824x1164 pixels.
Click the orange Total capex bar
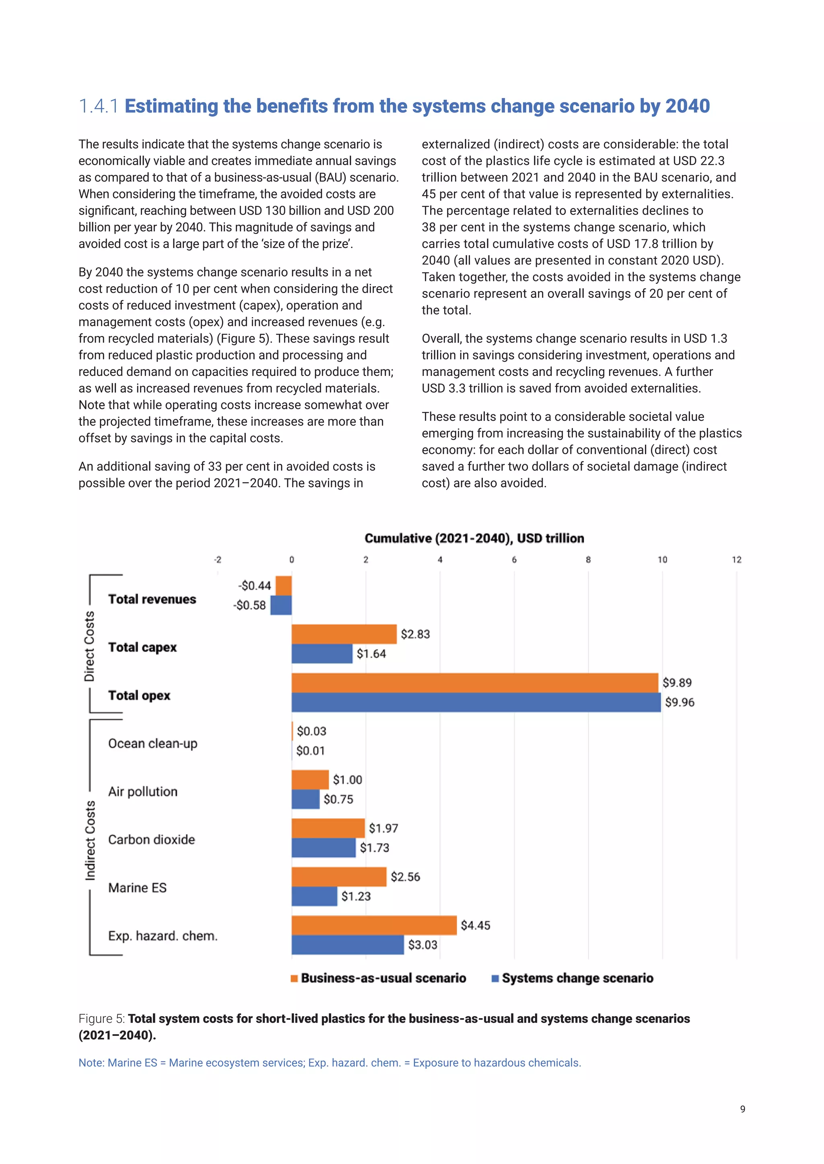[x=344, y=634]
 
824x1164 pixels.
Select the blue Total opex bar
[x=476, y=702]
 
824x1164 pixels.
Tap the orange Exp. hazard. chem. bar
[x=373, y=925]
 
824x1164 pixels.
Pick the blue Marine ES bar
[x=314, y=896]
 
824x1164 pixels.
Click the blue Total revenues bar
[x=281, y=605]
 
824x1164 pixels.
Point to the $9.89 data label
[x=677, y=682]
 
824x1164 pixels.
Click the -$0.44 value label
[x=255, y=586]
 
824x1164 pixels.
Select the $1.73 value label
[x=375, y=848]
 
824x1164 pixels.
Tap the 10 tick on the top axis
[x=662, y=560]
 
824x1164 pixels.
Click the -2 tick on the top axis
[x=217, y=560]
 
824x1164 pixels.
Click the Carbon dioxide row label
[x=151, y=840]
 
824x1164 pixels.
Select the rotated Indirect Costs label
[x=90, y=840]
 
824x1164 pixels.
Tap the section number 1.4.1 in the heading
[x=99, y=106]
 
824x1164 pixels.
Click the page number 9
[x=742, y=1109]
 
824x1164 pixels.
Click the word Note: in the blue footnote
[x=91, y=1063]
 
